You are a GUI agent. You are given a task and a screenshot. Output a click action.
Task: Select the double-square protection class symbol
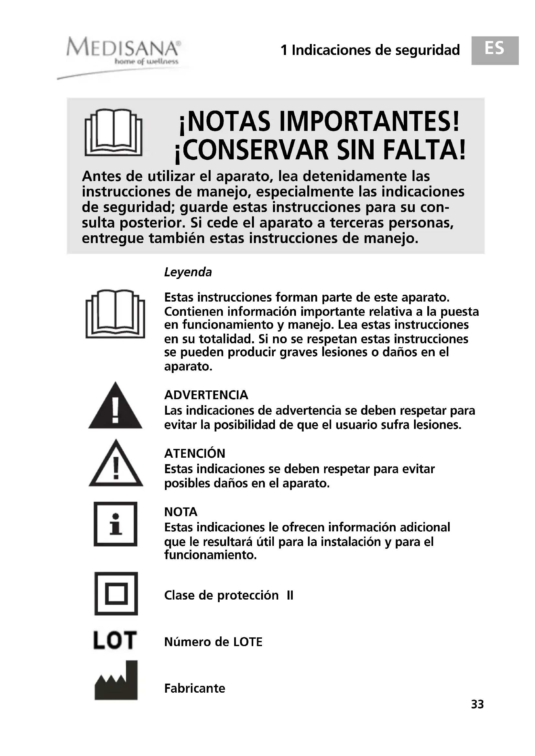pos(116,594)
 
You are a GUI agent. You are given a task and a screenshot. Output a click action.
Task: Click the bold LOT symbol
pos(115,640)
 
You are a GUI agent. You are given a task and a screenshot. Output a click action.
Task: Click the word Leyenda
pos(188,272)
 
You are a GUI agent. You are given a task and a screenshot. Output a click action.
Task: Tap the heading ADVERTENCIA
pos(206,395)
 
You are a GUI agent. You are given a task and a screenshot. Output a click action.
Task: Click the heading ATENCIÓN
pos(195,453)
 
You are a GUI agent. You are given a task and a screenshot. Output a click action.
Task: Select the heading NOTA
pos(180,512)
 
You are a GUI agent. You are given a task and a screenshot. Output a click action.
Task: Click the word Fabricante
pos(194,688)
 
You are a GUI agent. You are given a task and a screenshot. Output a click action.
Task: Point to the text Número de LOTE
pos(213,642)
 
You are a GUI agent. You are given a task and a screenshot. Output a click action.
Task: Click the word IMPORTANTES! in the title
pos(369,122)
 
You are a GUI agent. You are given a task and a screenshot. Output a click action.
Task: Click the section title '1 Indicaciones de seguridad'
pos(370,50)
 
